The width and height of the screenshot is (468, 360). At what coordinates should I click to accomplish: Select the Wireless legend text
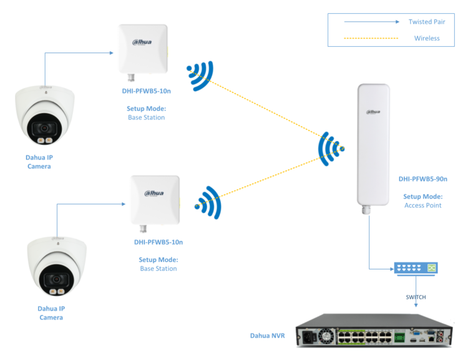coord(427,38)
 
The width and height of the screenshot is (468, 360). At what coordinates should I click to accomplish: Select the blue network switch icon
coord(416,268)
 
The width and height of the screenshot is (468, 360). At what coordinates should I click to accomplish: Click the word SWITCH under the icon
coord(416,298)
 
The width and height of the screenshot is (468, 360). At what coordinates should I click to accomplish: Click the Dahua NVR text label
coord(267,336)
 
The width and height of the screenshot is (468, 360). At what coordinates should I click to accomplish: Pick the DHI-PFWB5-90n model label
coord(423,179)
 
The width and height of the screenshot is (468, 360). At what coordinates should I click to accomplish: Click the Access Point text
coord(423,205)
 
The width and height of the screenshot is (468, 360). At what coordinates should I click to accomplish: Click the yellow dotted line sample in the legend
coord(371,38)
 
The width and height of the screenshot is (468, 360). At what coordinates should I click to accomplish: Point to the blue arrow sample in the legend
coord(371,22)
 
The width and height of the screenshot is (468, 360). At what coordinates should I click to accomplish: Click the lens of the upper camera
coord(44,129)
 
